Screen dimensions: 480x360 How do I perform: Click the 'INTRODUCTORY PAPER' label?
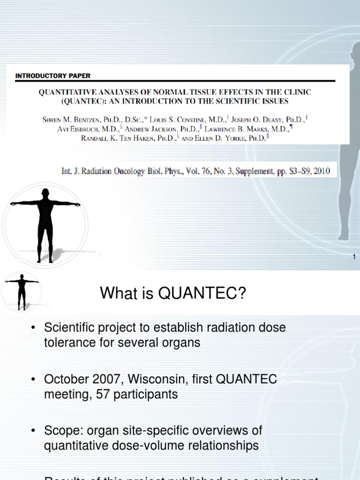pyautogui.click(x=53, y=75)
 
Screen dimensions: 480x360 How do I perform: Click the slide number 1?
pyautogui.click(x=354, y=256)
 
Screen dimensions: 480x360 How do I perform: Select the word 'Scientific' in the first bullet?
pyautogui.click(x=73, y=327)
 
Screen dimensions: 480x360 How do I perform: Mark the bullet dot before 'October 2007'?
pyautogui.click(x=33, y=380)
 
